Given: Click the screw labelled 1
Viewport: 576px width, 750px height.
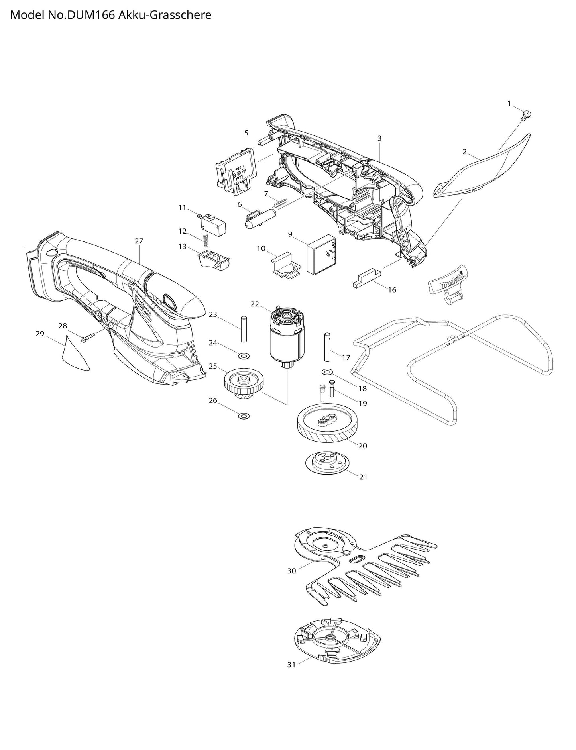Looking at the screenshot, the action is point(526,116).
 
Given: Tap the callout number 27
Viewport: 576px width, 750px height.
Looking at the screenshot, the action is point(139,241).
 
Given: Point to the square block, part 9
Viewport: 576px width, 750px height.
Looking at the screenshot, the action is point(321,253).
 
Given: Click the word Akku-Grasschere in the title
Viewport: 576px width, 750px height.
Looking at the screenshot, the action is point(165,15).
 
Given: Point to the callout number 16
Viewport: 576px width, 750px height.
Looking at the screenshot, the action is point(392,290).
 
